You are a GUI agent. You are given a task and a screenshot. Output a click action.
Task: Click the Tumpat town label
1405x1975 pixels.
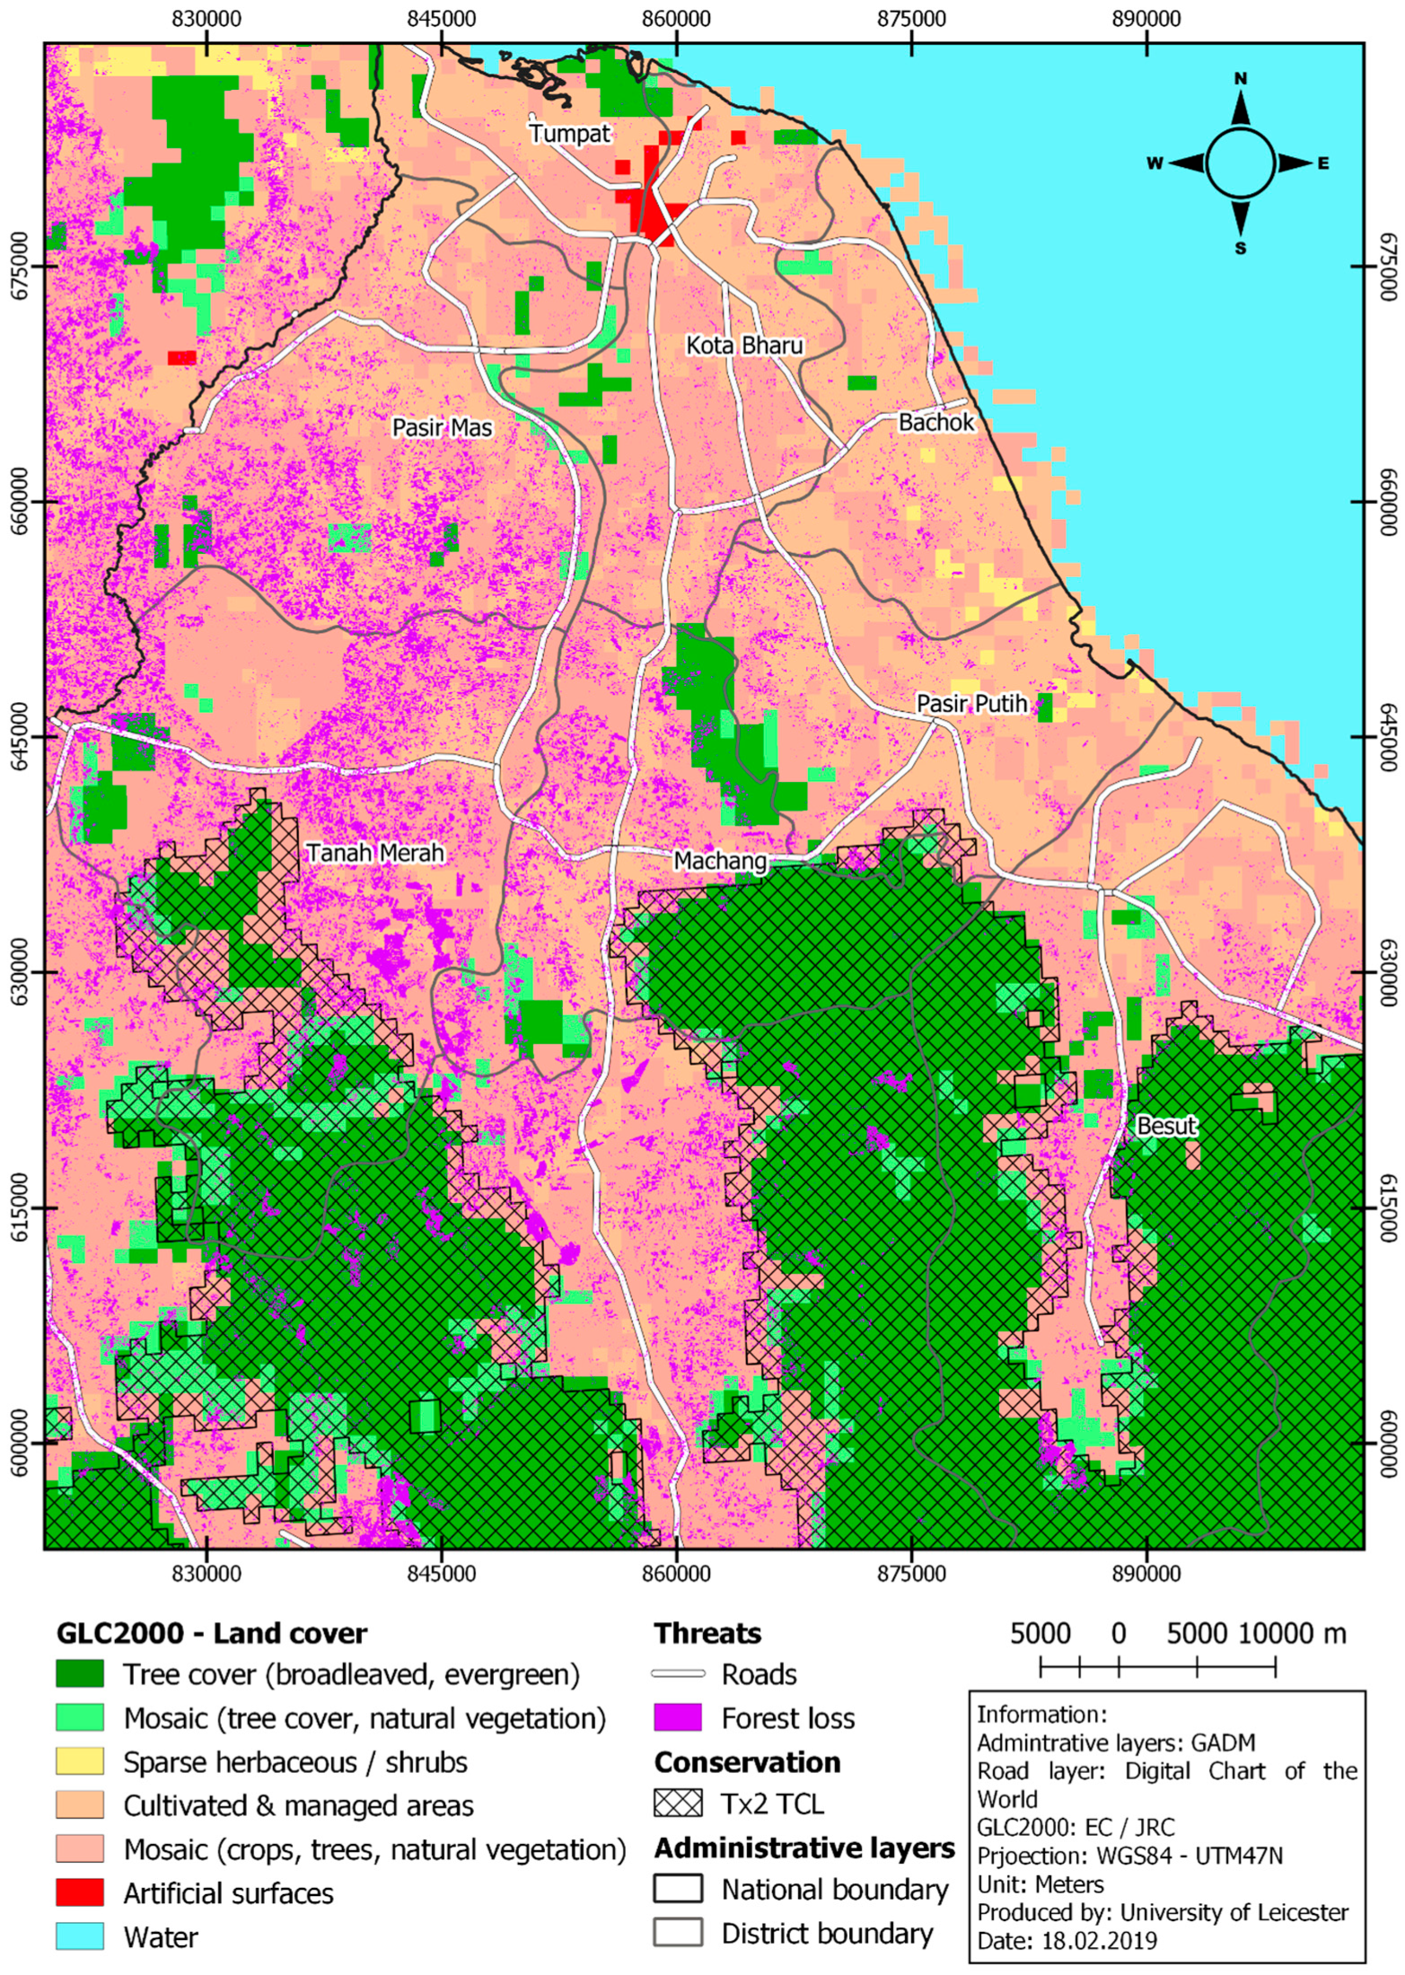(x=569, y=134)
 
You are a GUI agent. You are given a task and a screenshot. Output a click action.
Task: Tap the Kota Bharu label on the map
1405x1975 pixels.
(x=743, y=346)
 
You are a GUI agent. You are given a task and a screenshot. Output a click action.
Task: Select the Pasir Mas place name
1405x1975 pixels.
(x=442, y=427)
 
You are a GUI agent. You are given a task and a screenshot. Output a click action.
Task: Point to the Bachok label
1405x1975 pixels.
(x=935, y=422)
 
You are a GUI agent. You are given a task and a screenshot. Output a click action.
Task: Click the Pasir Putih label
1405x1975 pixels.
(x=970, y=704)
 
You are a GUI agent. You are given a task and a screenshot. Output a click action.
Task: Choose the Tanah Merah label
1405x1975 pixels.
(x=375, y=852)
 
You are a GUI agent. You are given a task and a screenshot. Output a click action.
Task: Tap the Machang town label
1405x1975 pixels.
(x=720, y=862)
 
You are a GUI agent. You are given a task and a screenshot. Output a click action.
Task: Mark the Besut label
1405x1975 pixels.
(x=1165, y=1126)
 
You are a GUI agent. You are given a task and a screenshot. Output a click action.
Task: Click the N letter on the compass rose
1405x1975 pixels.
(x=1240, y=79)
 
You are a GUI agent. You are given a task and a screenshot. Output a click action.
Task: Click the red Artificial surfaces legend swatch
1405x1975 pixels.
(x=80, y=1893)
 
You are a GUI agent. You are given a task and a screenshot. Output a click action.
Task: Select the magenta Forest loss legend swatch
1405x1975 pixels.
(x=678, y=1718)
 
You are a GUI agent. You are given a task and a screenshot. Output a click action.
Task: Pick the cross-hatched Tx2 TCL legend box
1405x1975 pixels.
(x=678, y=1804)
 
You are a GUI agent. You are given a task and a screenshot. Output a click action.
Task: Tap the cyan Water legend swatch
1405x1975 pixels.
(x=80, y=1936)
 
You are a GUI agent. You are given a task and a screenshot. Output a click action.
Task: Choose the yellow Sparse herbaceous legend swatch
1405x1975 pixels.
(x=80, y=1761)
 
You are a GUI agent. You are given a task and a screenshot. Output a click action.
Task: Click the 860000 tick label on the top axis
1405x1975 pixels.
(x=676, y=19)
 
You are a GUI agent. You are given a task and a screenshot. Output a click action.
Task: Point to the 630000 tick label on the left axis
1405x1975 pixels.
(x=17, y=972)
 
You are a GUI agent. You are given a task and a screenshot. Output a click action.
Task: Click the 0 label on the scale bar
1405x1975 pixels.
(x=1118, y=1633)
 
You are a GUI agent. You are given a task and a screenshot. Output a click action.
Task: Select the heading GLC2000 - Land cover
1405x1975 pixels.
(x=212, y=1633)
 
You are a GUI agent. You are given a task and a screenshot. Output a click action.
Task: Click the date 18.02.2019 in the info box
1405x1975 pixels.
(x=1098, y=1940)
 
